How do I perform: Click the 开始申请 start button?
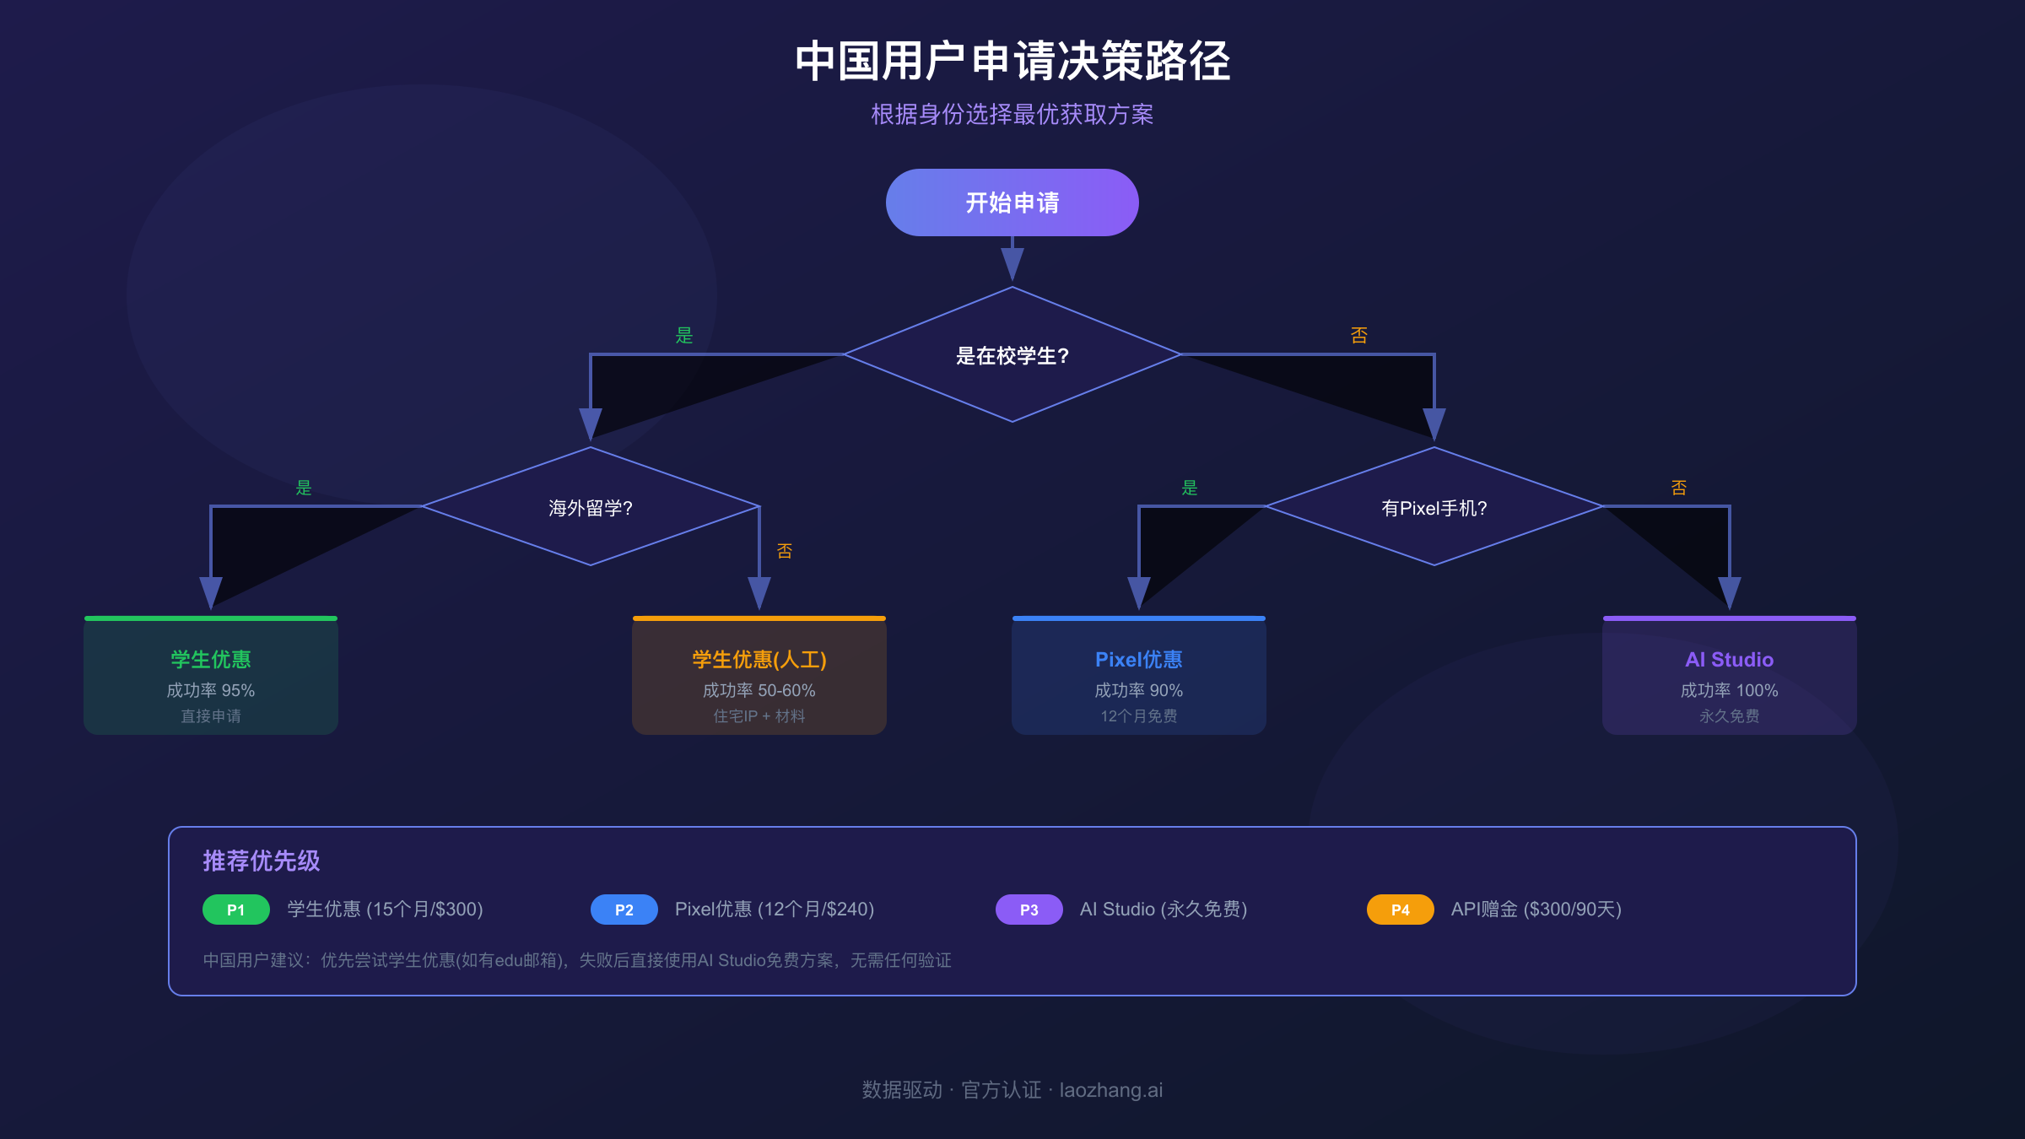click(x=1012, y=202)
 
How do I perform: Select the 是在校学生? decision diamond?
click(x=1012, y=355)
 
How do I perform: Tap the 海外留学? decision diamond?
click(x=591, y=507)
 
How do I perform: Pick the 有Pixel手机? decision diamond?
click(x=1434, y=507)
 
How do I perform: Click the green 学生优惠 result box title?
click(x=211, y=659)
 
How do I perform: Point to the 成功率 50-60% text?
click(x=759, y=690)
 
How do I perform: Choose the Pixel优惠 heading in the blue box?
click(x=1138, y=659)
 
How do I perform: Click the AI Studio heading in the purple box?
click(x=1729, y=659)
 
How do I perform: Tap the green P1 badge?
click(x=235, y=910)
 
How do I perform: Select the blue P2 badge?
click(x=624, y=910)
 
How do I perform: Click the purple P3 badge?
click(x=1029, y=910)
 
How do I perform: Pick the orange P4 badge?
click(x=1400, y=910)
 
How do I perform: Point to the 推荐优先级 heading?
click(x=262, y=861)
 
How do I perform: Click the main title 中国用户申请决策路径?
click(x=1012, y=61)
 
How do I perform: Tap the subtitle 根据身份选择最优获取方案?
click(x=1012, y=114)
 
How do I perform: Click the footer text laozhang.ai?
click(x=1110, y=1090)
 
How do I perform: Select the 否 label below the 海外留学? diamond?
click(x=785, y=551)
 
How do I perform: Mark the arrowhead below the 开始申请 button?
click(x=1012, y=263)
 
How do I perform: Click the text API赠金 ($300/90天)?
click(x=1536, y=910)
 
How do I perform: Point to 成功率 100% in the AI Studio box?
click(x=1729, y=690)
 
